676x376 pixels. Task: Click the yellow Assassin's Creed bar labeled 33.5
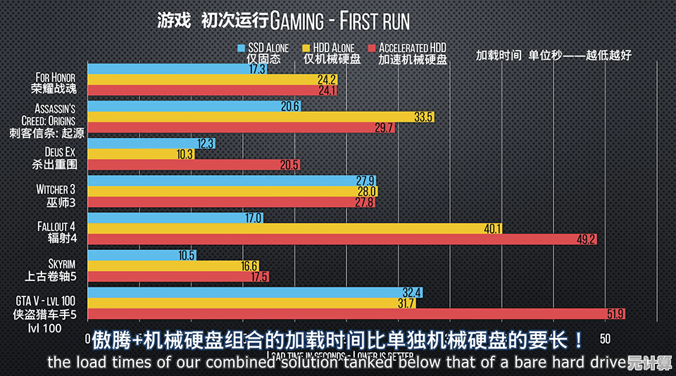click(261, 117)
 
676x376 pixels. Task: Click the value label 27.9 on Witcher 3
click(365, 181)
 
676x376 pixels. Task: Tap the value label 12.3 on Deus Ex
click(206, 143)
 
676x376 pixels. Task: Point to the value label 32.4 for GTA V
click(412, 292)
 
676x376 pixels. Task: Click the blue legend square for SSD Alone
click(241, 48)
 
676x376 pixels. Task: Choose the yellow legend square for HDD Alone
click(306, 48)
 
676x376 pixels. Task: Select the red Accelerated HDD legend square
click(372, 48)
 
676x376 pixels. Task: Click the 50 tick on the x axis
click(604, 339)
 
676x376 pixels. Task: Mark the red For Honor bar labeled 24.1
click(211, 90)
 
